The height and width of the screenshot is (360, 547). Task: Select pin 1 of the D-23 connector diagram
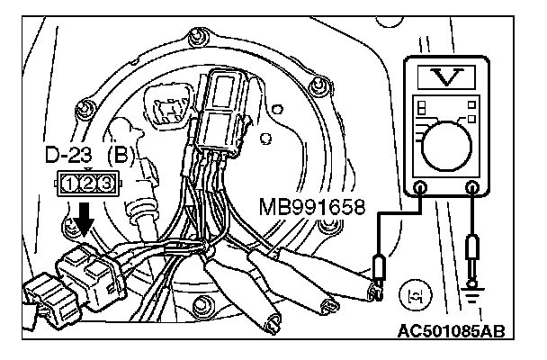pyautogui.click(x=68, y=184)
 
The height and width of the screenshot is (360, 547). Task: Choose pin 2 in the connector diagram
pyautogui.click(x=87, y=184)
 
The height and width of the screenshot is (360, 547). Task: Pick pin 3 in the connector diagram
pyautogui.click(x=106, y=184)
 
